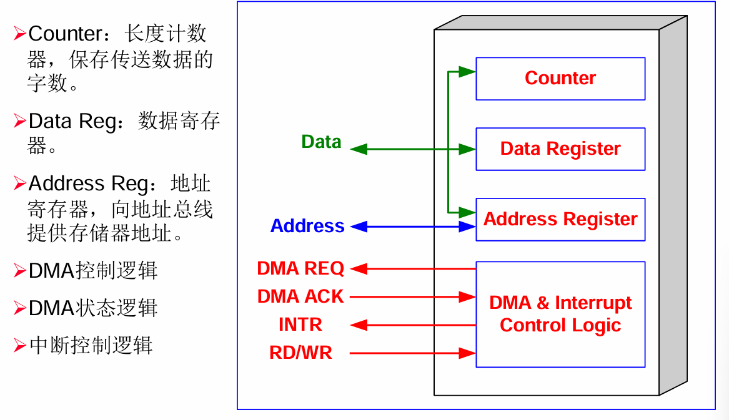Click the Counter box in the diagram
[560, 79]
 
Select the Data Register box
[560, 149]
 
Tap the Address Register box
[560, 220]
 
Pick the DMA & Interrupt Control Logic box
[560, 314]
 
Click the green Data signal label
[321, 142]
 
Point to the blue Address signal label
[307, 226]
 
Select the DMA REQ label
[300, 268]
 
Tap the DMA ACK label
[300, 296]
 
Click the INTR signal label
[300, 325]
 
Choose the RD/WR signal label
[300, 353]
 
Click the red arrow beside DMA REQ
[413, 269]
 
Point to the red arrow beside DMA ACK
[413, 297]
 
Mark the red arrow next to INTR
[413, 325]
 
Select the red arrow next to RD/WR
[413, 354]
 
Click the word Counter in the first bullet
[64, 33]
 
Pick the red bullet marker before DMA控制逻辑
[20, 270]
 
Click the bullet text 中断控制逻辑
[91, 345]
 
